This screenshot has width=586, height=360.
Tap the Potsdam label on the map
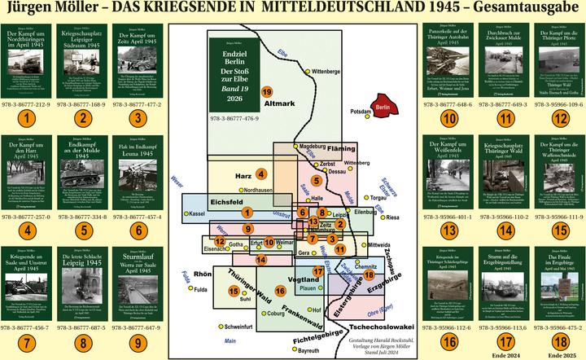tap(360, 110)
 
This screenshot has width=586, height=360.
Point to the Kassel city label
tap(195, 213)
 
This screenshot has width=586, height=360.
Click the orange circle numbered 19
tap(267, 93)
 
